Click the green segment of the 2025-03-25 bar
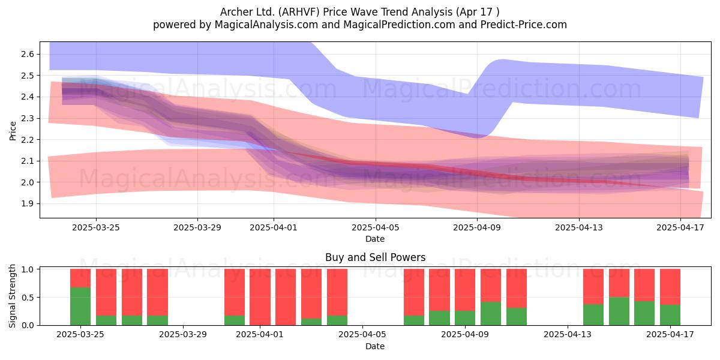point(80,306)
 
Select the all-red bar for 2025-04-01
point(260,297)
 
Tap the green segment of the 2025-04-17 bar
point(670,314)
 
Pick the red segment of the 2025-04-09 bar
point(465,290)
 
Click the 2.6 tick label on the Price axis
point(28,54)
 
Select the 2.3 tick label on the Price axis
point(28,118)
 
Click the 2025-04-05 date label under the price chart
point(376,227)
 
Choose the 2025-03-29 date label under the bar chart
point(183,334)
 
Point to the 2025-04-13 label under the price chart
point(579,227)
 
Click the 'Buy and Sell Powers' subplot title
point(376,257)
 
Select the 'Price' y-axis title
point(13,131)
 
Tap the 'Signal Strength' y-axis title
point(12,296)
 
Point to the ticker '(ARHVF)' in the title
point(299,12)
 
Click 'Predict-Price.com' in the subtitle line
point(524,25)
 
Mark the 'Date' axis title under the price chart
point(375,239)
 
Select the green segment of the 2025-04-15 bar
point(619,311)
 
